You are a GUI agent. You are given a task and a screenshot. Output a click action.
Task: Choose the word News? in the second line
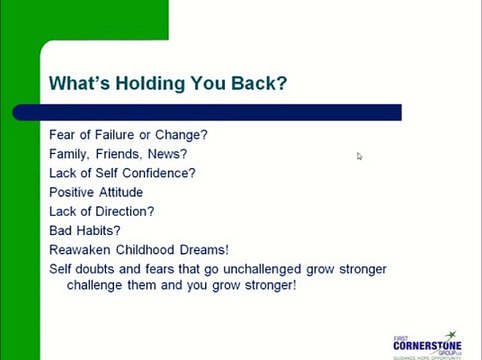(166, 154)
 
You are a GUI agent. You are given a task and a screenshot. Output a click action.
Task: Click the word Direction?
(125, 211)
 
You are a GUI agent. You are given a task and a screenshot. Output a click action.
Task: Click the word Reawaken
(79, 250)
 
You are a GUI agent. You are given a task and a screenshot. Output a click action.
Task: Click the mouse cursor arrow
(359, 156)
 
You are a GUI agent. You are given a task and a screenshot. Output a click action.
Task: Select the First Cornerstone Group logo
(427, 342)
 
